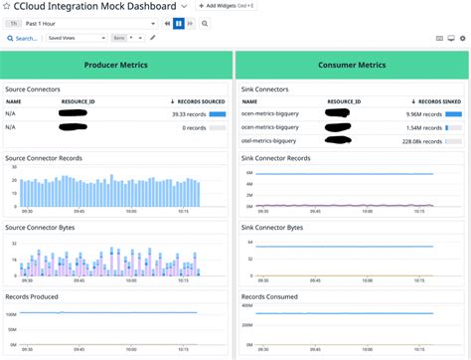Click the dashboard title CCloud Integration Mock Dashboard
pos(97,6)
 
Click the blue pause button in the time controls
pos(179,22)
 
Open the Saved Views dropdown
pos(76,38)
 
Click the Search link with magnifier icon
pos(23,38)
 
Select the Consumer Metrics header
pos(353,66)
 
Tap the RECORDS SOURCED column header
pos(197,101)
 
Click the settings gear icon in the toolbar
pos(462,38)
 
